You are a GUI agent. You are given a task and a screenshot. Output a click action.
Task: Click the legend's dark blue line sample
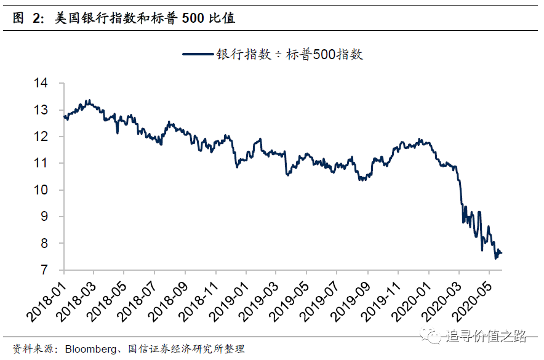[198, 54]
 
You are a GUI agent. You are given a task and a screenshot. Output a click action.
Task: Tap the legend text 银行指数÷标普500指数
[289, 54]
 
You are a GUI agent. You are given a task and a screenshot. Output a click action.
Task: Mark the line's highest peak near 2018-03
[88, 100]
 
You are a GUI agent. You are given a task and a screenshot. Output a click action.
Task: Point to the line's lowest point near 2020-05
[496, 258]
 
